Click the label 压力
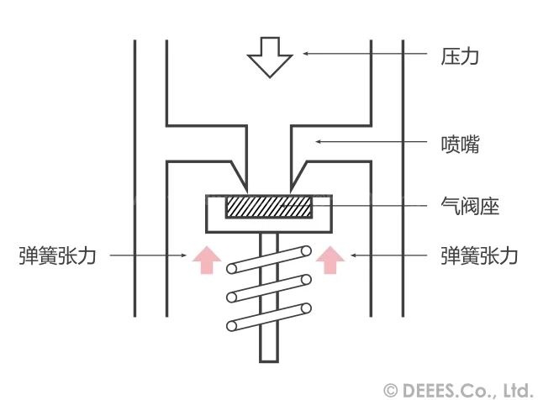[x=460, y=56]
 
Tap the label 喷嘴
[x=460, y=145]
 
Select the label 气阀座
[x=469, y=206]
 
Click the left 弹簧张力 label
[x=57, y=255]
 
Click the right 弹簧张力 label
[x=479, y=255]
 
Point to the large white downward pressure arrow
[x=270, y=57]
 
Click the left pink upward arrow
[x=207, y=260]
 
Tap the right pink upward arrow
[x=330, y=260]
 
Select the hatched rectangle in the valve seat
[x=269, y=207]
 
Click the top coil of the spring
[x=269, y=260]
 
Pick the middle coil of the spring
[x=269, y=288]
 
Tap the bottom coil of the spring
[x=269, y=317]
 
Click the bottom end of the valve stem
[x=269, y=361]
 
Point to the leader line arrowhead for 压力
[x=305, y=53]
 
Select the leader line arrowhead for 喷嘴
[x=318, y=141]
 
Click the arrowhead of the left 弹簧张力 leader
[x=184, y=255]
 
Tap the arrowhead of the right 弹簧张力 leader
[x=353, y=255]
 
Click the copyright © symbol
[x=391, y=391]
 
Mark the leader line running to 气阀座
[x=354, y=206]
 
